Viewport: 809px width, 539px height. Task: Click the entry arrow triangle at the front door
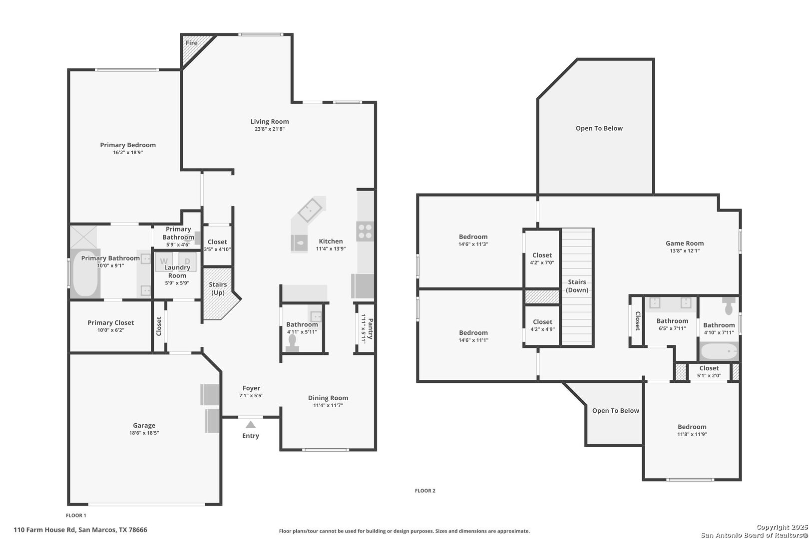(251, 425)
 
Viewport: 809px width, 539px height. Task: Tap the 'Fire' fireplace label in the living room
(191, 43)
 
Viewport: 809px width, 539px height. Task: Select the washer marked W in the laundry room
(164, 262)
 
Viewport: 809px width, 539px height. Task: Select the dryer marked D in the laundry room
(187, 262)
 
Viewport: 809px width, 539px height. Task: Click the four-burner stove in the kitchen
(365, 232)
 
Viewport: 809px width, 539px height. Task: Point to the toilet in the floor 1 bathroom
(292, 343)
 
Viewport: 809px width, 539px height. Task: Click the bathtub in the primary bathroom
(85, 273)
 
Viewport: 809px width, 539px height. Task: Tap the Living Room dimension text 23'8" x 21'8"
(270, 129)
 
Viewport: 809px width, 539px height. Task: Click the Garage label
(144, 426)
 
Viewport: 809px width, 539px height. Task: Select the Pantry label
(371, 328)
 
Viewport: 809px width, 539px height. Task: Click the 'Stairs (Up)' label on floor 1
(218, 288)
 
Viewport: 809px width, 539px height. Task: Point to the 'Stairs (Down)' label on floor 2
(577, 286)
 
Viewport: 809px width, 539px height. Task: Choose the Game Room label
(684, 244)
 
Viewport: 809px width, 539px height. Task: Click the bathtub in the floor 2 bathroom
(719, 351)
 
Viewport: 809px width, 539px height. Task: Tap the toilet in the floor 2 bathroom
(729, 306)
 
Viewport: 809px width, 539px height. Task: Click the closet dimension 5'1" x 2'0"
(709, 375)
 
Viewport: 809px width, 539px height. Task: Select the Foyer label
(251, 388)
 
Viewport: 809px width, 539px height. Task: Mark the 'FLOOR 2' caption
(425, 491)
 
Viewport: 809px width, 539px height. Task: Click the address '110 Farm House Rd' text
(44, 530)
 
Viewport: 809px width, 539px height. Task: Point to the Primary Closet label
(110, 323)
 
